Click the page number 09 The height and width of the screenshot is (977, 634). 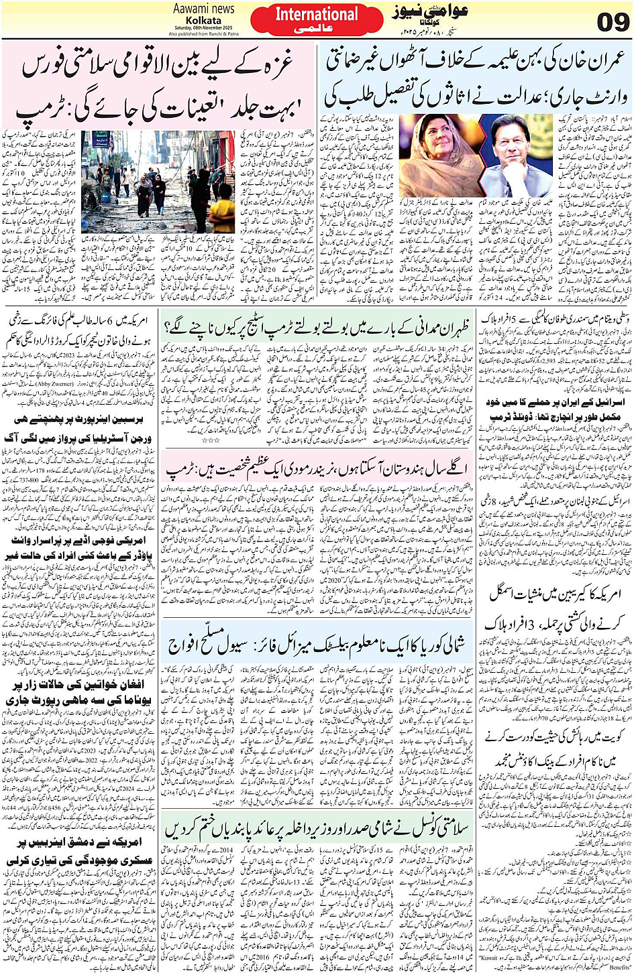pos(613,22)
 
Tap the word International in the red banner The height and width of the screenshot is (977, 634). pos(316,14)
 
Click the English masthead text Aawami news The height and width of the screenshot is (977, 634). pos(204,9)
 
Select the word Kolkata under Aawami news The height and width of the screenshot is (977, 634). pos(205,21)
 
